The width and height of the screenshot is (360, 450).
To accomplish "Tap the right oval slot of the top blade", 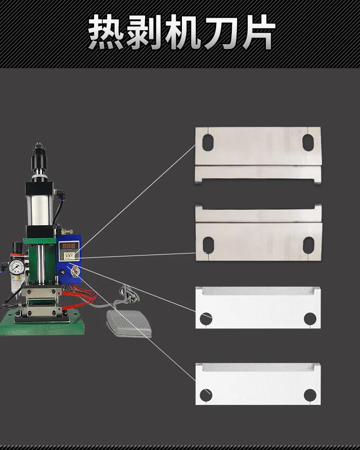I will pos(308,142).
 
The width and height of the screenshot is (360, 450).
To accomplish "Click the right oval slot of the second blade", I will pos(308,244).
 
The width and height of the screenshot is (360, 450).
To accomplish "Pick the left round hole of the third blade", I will pos(206,318).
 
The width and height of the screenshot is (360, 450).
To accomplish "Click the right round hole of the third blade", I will pos(310,318).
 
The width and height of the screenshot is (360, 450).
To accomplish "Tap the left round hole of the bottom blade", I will pos(206,395).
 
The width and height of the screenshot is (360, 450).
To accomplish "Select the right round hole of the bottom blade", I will pos(310,395).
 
